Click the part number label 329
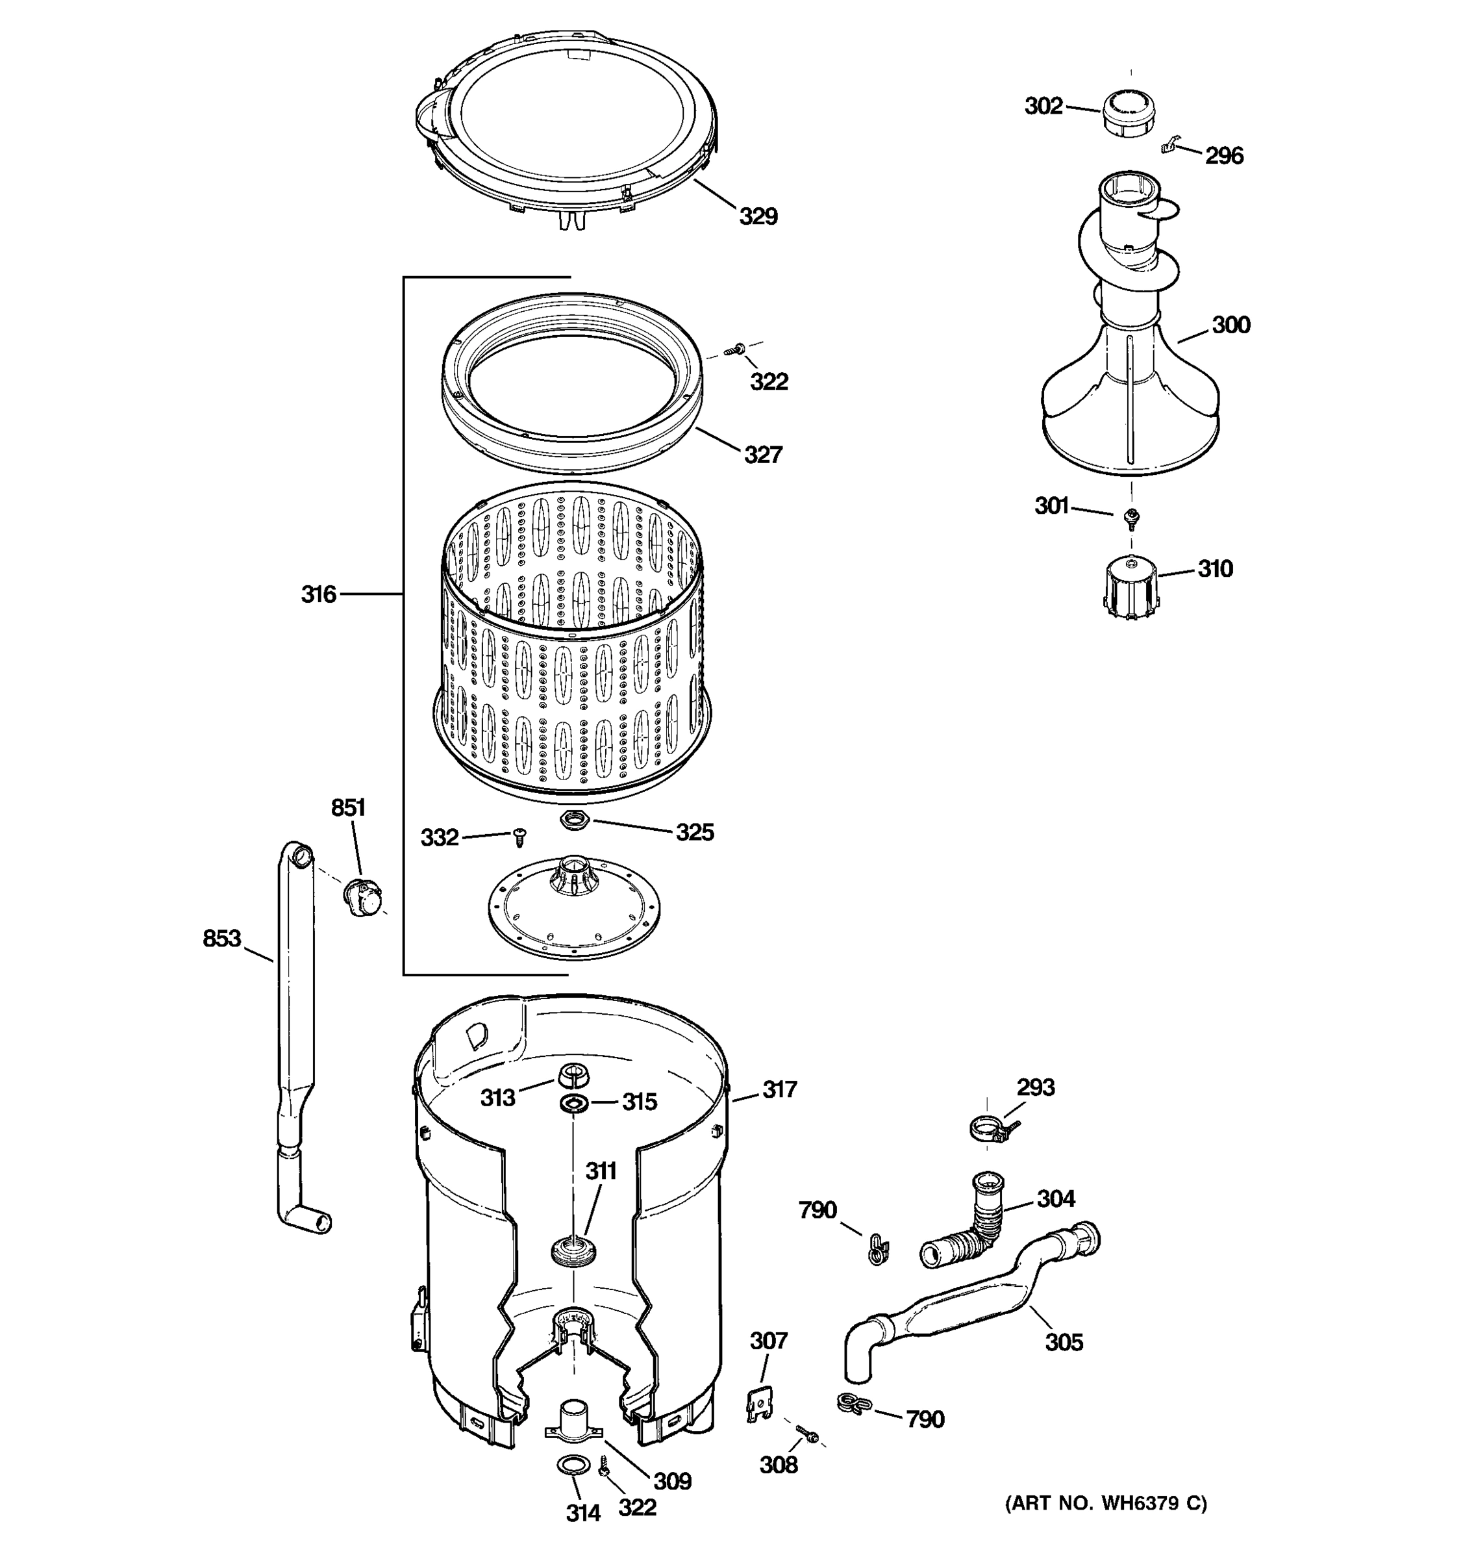point(758,216)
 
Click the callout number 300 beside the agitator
point(1230,325)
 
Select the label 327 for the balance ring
point(762,454)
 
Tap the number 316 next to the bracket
point(318,594)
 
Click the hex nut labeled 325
point(574,822)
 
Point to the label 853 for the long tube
point(222,939)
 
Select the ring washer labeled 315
point(574,1104)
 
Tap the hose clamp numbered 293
point(989,1129)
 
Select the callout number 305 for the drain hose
point(1064,1342)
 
